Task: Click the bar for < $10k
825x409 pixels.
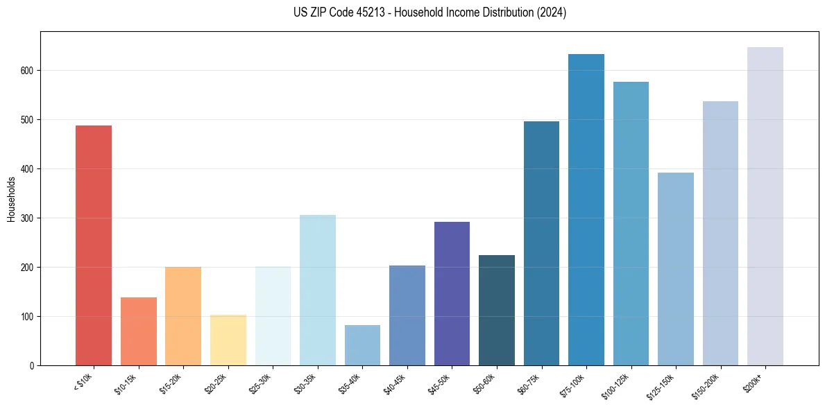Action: [x=93, y=245]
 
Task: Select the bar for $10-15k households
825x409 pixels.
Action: [x=138, y=331]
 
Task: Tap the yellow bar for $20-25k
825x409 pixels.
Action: [x=228, y=340]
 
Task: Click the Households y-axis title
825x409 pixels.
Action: [x=11, y=199]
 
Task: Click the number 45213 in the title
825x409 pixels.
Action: [x=371, y=12]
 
